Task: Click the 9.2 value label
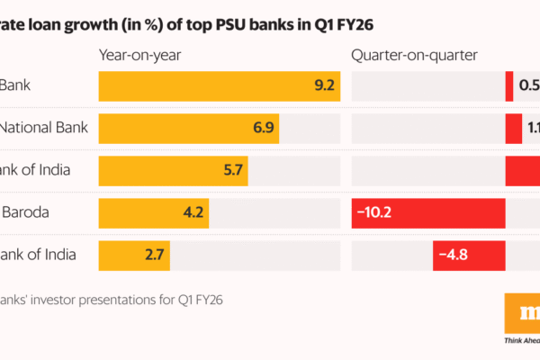pos(325,86)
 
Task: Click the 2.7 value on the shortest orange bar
pos(154,255)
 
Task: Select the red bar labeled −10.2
pos(427,212)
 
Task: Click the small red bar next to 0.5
pos(509,86)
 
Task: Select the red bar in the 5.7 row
pos(522,170)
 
